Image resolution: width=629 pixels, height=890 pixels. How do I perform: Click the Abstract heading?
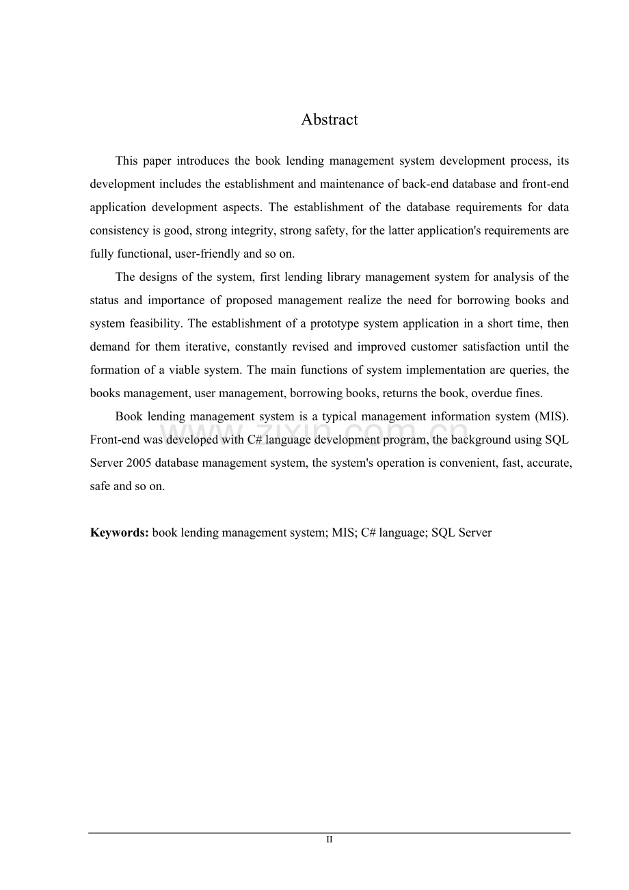tap(329, 120)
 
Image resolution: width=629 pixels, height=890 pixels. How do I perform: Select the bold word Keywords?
tap(119, 532)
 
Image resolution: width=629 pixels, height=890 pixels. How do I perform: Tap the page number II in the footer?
tap(329, 839)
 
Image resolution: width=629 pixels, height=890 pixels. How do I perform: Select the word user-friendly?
tap(207, 254)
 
